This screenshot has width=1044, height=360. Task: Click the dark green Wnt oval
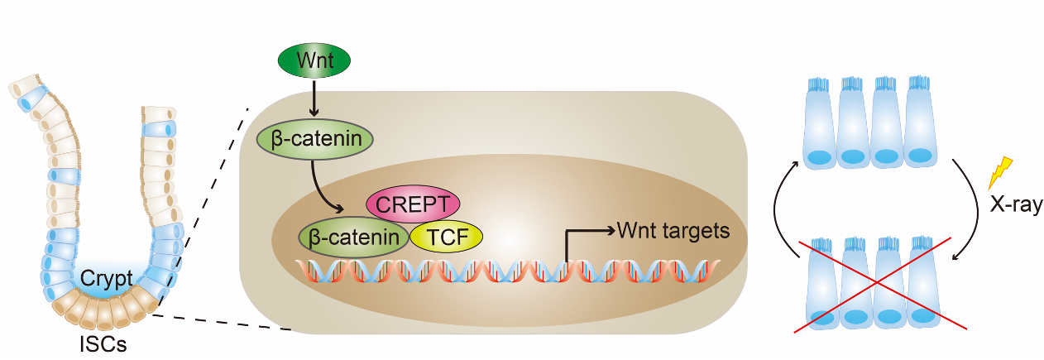(314, 62)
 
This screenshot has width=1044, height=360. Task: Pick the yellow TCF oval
(447, 237)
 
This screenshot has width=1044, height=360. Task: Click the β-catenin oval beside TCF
(355, 237)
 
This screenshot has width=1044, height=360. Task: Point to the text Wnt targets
(674, 230)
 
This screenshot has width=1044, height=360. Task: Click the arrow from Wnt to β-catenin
(314, 101)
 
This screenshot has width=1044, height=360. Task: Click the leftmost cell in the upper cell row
(820, 122)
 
